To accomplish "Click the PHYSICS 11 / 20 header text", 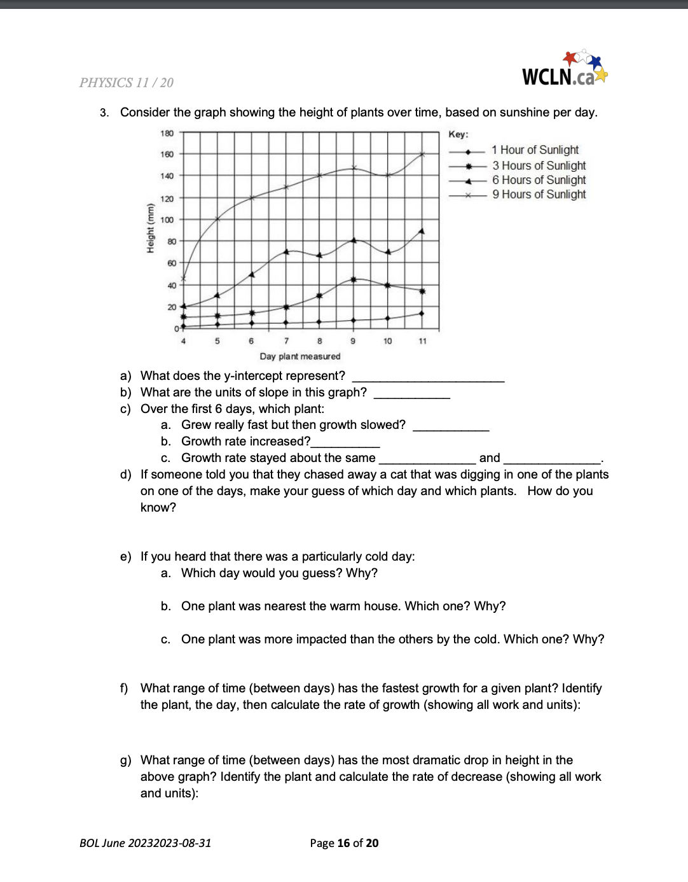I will pos(126,83).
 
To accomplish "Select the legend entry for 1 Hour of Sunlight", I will pos(535,150).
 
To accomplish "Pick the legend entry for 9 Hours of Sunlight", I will pos(539,195).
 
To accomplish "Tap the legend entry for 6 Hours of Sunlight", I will pos(539,180).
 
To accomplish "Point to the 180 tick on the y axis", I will pos(167,134).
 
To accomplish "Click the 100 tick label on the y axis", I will pos(167,220).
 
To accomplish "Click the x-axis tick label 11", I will pos(422,341).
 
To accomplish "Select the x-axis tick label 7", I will pos(286,341).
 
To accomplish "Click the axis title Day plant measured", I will pos(299,356).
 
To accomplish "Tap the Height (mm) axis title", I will pos(151,228).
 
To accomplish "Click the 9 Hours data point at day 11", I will pos(422,154).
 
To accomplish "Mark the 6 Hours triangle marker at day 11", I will pos(422,232).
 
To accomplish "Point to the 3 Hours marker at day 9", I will pos(354,279).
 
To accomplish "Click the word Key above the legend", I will pos(458,134).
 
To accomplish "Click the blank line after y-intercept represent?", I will pos(428,377).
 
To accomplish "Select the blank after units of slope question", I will pos(411,393).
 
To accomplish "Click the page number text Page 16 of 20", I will pos(344,843).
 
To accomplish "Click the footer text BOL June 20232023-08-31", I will pos(145,843).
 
